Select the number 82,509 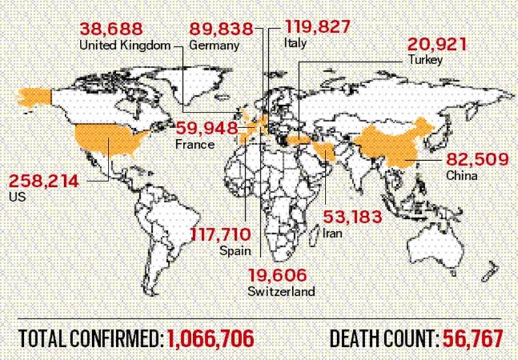point(478,160)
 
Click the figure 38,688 point(111,29)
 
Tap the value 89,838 point(220,29)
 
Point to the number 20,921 point(438,44)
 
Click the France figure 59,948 point(207,128)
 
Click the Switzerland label point(282,291)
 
